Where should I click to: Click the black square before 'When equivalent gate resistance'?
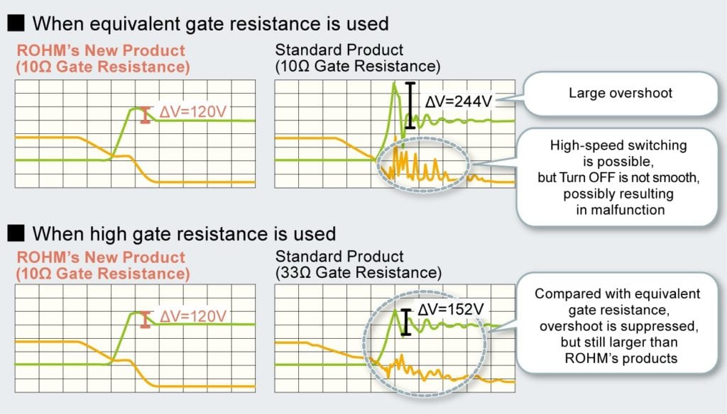(x=16, y=23)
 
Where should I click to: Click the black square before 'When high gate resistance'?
(x=16, y=233)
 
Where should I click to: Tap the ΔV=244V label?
(x=458, y=101)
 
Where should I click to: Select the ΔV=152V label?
(x=451, y=309)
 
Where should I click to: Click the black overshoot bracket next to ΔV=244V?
(x=410, y=105)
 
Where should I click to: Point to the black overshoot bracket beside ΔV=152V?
(x=405, y=322)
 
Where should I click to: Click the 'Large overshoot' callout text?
(x=621, y=93)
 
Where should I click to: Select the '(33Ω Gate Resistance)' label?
(x=359, y=272)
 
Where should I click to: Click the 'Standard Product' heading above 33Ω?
(x=339, y=256)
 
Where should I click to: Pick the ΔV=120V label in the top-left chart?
(x=193, y=111)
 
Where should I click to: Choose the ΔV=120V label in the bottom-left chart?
(x=193, y=316)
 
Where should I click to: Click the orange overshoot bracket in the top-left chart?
(x=146, y=115)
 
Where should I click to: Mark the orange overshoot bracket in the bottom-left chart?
(x=146, y=320)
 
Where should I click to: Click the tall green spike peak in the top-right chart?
(x=395, y=84)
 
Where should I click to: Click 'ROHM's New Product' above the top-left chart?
(x=101, y=50)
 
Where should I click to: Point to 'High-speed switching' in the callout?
(x=618, y=145)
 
